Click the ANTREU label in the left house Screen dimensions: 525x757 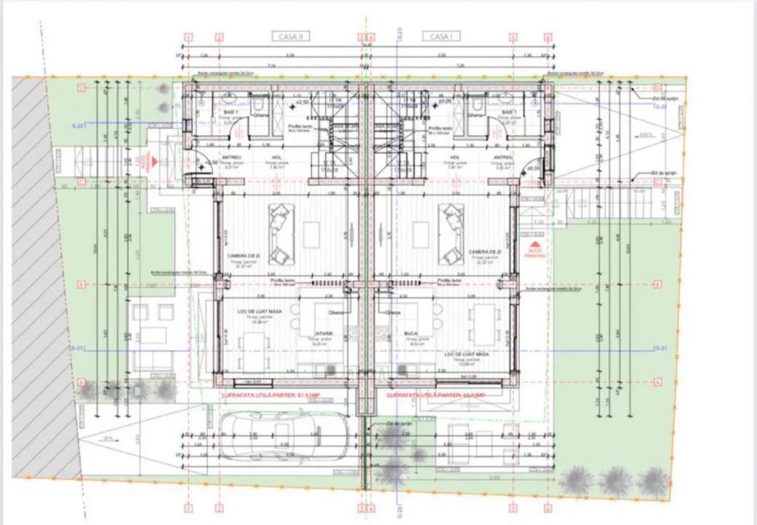coord(211,157)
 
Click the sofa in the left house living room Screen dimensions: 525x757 coord(279,233)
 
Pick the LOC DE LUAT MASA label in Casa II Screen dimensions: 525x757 coord(255,311)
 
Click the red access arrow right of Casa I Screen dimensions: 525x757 coord(536,246)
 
